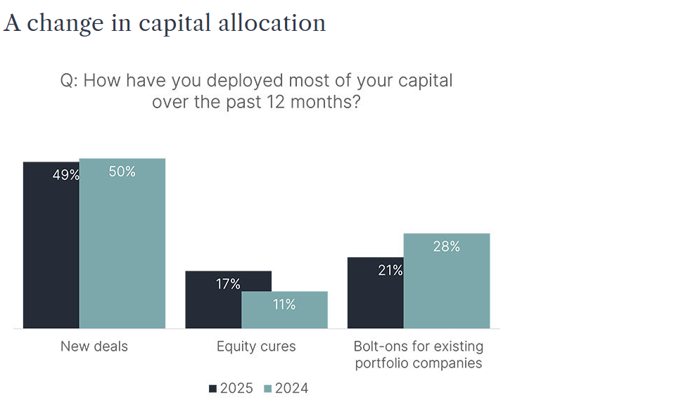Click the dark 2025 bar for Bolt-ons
tap(375, 295)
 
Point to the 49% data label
tap(65, 175)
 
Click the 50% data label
tap(122, 171)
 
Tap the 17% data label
tap(228, 284)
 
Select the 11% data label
tap(285, 305)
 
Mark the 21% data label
tap(390, 270)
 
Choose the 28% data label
tap(447, 247)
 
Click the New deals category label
tap(94, 346)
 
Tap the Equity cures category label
tap(256, 346)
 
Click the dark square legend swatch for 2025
tap(212, 389)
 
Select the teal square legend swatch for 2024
tap(267, 389)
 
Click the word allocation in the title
tap(279, 23)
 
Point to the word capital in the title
tap(182, 24)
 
